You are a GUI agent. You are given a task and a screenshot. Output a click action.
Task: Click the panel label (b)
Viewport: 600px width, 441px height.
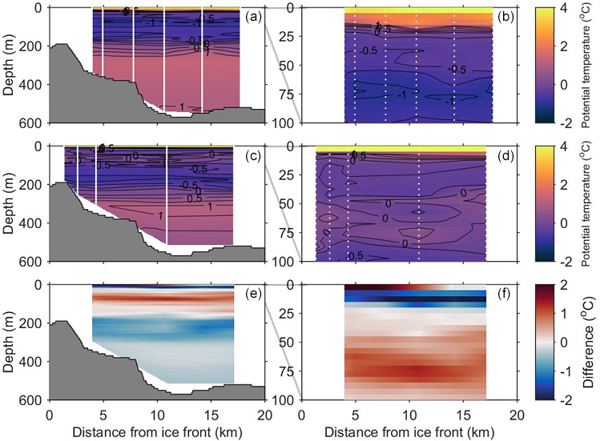tap(505, 15)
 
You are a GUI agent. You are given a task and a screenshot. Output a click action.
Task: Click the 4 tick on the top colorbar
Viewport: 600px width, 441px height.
tap(566, 9)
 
